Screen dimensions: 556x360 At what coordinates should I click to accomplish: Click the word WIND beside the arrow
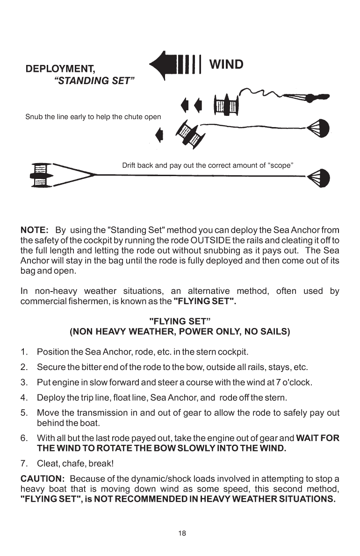click(x=226, y=64)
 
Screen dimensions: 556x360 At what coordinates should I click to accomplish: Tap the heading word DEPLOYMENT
click(x=60, y=69)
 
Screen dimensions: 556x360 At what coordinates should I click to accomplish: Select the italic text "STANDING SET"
click(x=94, y=81)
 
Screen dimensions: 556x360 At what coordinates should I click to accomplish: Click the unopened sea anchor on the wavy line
click(x=306, y=99)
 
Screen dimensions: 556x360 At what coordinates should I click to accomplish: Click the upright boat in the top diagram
click(x=226, y=105)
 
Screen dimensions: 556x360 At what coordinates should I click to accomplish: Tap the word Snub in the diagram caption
click(x=33, y=117)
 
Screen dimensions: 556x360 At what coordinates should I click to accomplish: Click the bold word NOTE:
click(x=35, y=230)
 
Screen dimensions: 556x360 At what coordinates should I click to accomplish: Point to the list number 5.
click(x=23, y=413)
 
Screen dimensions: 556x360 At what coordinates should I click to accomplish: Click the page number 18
click(x=182, y=533)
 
